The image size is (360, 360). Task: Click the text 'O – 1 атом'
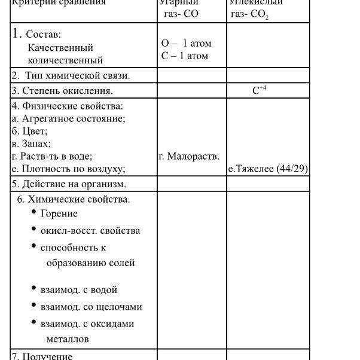point(186,43)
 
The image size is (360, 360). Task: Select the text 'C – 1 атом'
point(185,56)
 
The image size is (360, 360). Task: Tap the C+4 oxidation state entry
point(259,91)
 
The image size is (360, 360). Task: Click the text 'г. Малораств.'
point(189,156)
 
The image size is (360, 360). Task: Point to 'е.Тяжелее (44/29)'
point(268,169)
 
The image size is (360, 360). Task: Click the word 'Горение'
point(59,213)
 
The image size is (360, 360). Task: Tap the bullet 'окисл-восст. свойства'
point(90,231)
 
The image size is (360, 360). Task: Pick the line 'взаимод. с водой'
point(78,290)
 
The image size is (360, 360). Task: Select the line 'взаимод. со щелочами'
point(91,307)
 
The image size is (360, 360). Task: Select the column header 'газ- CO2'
point(249,14)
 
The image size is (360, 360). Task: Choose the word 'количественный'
point(65,60)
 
